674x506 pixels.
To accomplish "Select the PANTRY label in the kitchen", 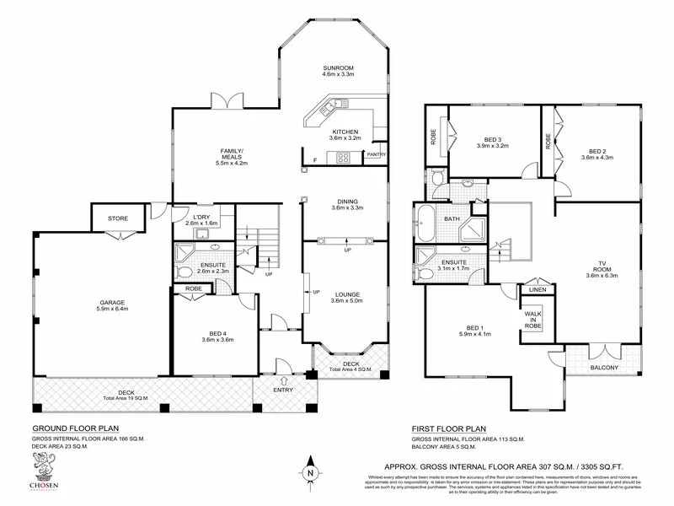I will [376, 155].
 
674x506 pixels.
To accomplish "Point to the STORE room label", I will [118, 218].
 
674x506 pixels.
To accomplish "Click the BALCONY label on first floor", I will [603, 367].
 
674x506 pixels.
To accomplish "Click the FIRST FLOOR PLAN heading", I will [449, 428].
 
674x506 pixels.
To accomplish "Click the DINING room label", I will [345, 202].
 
